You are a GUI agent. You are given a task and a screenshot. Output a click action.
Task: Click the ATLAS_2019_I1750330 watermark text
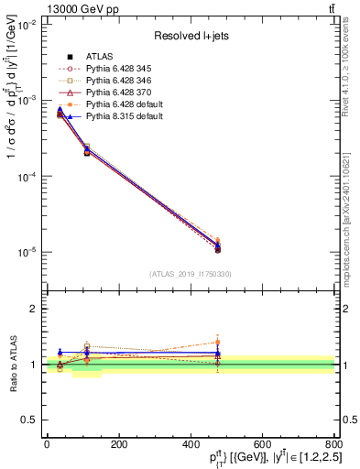[190, 274]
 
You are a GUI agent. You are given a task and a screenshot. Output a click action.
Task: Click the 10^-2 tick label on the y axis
[26, 26]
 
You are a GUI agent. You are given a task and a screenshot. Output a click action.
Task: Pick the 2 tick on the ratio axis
[35, 309]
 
